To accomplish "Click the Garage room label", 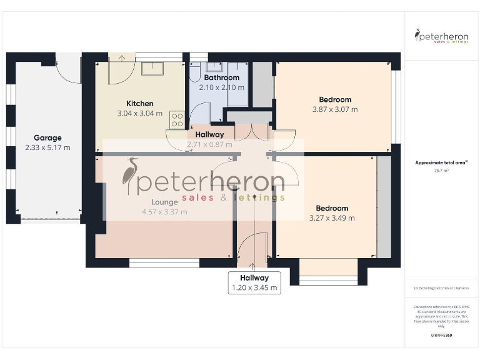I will (47, 137).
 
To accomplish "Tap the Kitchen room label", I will (139, 104).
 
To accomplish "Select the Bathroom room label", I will (221, 78).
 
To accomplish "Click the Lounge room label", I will (164, 202).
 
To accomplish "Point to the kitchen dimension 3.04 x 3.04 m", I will (139, 114).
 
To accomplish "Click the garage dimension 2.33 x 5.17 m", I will (47, 147).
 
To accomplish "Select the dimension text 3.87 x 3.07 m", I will (335, 109).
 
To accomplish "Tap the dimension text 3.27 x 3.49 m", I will (332, 218).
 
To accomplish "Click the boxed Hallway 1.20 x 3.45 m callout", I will (253, 282).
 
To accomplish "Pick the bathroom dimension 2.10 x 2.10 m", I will (221, 87).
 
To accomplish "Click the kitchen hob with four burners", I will (177, 119).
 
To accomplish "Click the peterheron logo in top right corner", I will (442, 36).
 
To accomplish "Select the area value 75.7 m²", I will (441, 170).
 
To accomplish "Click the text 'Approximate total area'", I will (441, 162).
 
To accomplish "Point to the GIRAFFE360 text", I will (441, 336).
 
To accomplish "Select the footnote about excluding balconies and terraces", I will (441, 288).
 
